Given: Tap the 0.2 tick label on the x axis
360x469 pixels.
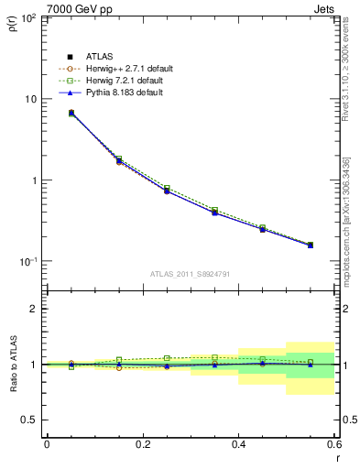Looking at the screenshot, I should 142,443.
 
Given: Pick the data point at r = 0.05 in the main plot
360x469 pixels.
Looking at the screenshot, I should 71,113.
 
